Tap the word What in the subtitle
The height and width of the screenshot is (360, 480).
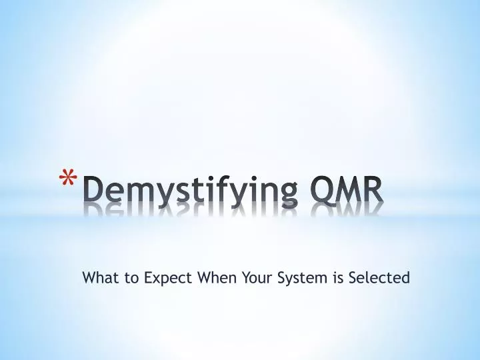[97, 277]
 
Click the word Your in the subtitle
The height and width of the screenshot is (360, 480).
[255, 277]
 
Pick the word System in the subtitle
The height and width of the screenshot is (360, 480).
[301, 278]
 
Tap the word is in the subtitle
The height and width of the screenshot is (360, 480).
[337, 277]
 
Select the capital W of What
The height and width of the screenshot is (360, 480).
[89, 277]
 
